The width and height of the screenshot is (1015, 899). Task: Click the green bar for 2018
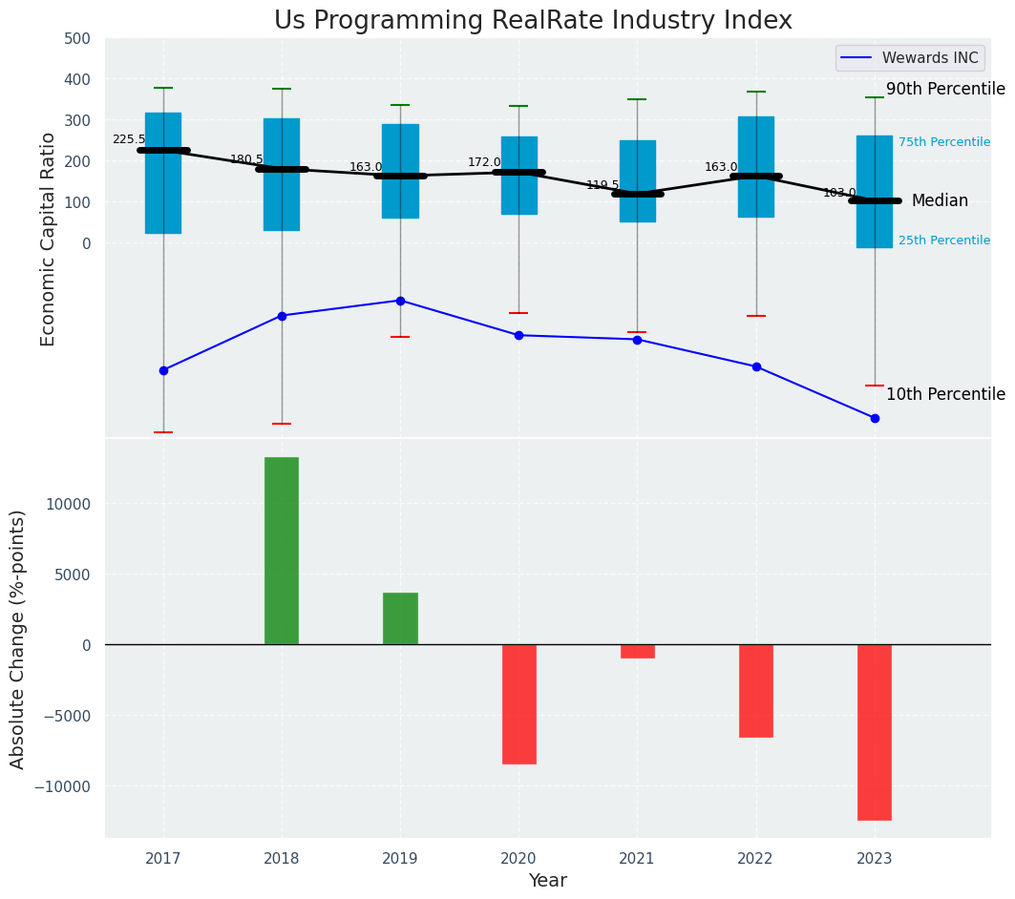(282, 551)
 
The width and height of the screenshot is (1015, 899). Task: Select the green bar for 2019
(400, 618)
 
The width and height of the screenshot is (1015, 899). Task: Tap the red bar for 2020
(518, 703)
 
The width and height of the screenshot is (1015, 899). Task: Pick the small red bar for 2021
(637, 651)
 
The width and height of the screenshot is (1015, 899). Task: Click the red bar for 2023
(874, 732)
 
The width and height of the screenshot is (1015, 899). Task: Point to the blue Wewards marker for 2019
(400, 301)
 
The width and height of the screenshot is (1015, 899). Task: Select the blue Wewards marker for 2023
(875, 418)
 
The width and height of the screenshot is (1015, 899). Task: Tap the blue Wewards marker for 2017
(163, 370)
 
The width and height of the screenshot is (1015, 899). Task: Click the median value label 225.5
(129, 139)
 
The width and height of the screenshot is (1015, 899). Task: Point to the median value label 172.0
(484, 163)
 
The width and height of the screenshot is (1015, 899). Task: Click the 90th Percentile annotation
(945, 89)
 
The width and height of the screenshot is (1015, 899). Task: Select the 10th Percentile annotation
(945, 394)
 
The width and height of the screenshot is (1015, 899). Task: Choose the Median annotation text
(940, 200)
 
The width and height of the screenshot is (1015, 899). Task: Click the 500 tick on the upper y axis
(77, 39)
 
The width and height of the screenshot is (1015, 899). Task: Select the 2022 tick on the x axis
(756, 858)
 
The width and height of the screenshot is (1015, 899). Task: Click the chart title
(533, 21)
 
